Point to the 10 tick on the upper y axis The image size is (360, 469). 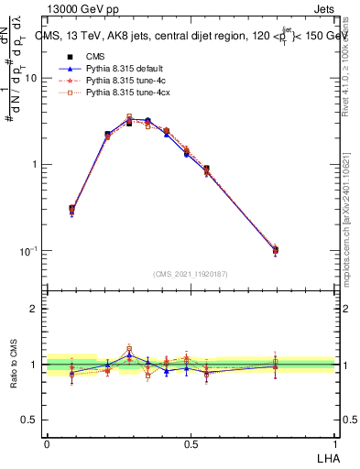pyautogui.click(x=33, y=78)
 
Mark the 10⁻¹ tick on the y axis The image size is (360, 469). pyautogui.click(x=31, y=250)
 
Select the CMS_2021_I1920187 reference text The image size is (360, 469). pyautogui.click(x=190, y=274)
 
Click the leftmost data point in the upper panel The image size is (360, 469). pyautogui.click(x=72, y=210)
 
